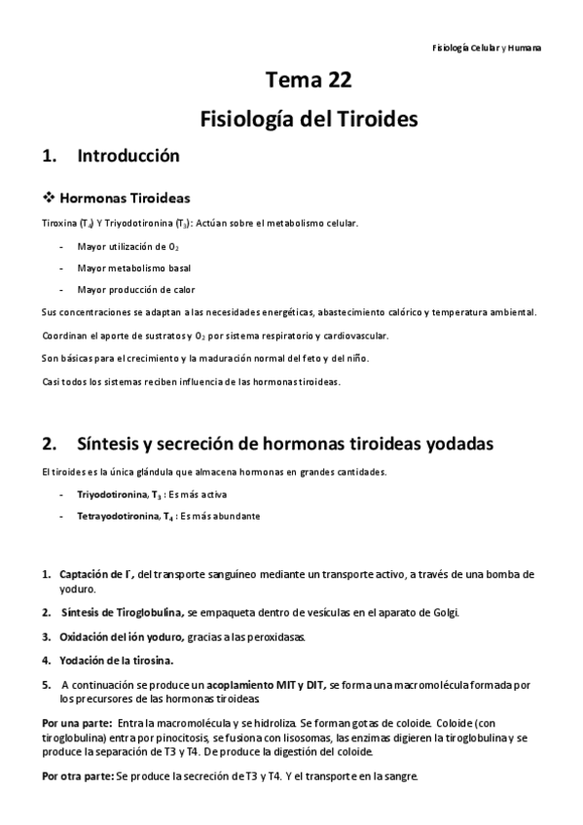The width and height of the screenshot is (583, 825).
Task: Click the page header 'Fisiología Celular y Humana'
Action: (x=486, y=47)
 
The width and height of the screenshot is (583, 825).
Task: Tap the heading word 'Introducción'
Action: (x=128, y=156)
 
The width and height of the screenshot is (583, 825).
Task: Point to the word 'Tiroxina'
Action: (x=59, y=223)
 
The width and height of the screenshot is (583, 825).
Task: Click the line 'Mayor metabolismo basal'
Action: (x=133, y=268)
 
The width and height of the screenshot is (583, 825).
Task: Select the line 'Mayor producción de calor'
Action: (x=135, y=290)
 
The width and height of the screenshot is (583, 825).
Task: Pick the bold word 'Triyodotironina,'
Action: (x=113, y=495)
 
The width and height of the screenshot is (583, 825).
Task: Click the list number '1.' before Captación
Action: (x=47, y=575)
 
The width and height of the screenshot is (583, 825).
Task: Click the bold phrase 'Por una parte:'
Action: (x=74, y=724)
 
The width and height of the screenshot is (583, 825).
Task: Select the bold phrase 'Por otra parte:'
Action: (x=77, y=777)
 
